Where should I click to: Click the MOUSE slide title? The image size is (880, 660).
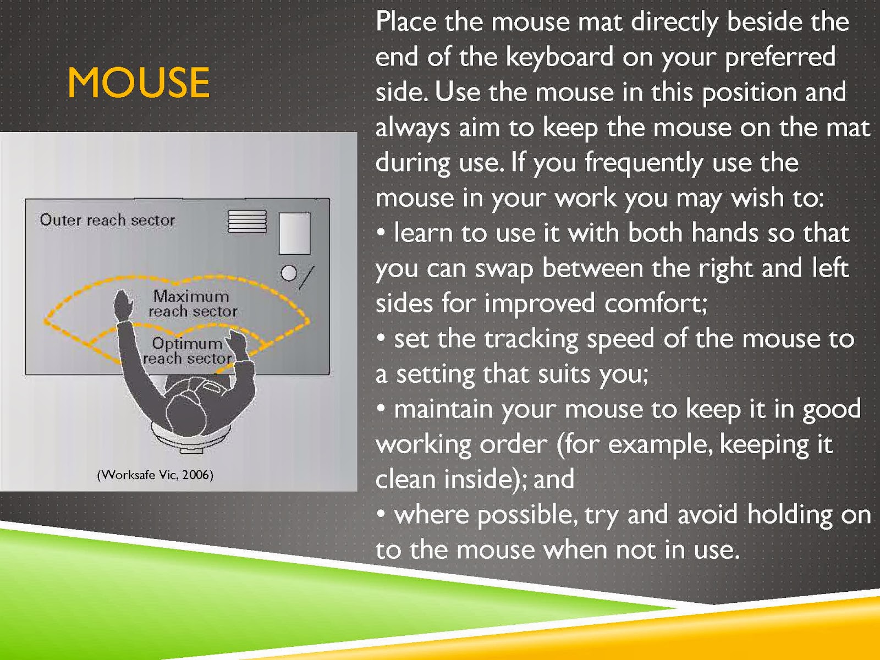139,82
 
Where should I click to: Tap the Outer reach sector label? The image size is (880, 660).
107,220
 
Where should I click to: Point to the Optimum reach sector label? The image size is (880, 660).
188,351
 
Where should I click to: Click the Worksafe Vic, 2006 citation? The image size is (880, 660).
155,475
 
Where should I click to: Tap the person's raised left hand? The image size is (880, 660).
123,305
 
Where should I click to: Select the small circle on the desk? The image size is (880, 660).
289,273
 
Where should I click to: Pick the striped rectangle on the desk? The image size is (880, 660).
247,222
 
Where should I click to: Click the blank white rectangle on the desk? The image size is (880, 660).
295,233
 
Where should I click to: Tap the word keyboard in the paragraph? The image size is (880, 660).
559,57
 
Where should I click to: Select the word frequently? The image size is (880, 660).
643,163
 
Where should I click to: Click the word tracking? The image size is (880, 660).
531,339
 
